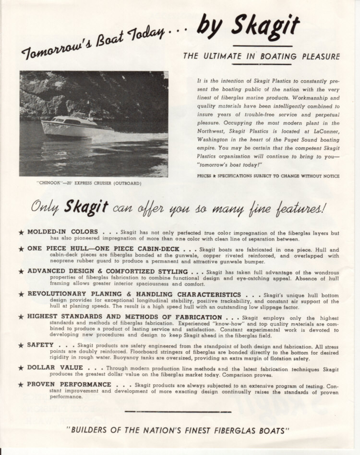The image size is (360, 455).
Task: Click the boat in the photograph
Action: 77,126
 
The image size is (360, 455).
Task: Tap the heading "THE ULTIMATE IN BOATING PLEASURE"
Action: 261,57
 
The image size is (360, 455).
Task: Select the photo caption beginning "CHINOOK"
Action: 89,183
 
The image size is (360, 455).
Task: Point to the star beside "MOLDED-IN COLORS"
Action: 21,232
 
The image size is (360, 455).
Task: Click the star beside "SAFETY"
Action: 21,346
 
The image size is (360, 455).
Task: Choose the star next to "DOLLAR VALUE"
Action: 21,368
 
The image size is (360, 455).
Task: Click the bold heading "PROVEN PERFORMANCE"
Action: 69,385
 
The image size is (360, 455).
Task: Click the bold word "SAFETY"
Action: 40,345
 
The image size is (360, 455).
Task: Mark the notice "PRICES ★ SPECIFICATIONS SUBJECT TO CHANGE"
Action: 268,176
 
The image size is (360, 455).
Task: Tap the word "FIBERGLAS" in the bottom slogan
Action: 237,431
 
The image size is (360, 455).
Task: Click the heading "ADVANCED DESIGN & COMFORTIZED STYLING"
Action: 108,271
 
